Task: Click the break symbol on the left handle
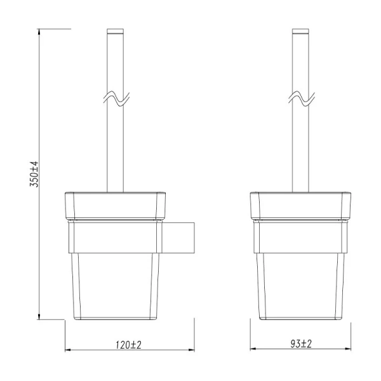pyautogui.click(x=116, y=99)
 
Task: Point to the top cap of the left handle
pyautogui.click(x=116, y=32)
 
